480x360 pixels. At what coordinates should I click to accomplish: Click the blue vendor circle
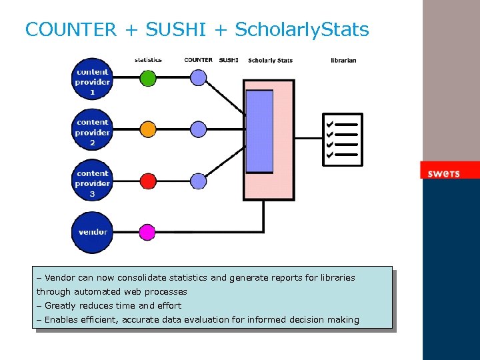click(93, 232)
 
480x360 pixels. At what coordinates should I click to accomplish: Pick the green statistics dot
click(147, 78)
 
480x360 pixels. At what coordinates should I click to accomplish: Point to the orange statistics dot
click(147, 129)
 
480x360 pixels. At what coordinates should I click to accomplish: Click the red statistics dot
click(147, 180)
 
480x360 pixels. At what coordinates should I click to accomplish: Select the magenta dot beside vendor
click(147, 232)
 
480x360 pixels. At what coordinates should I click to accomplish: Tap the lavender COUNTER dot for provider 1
click(199, 78)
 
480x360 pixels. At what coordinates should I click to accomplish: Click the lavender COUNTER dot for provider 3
click(199, 180)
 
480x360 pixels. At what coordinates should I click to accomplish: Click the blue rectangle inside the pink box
click(259, 131)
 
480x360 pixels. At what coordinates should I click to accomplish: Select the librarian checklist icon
click(343, 139)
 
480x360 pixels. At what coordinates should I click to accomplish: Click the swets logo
click(444, 173)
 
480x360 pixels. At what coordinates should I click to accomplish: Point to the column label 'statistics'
click(148, 60)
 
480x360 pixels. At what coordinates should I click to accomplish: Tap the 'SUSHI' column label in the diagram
click(229, 60)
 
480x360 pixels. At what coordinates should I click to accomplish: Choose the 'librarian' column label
click(343, 60)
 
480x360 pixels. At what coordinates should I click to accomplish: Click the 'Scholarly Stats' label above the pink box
click(270, 61)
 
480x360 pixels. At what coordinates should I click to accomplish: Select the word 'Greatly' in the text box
click(61, 306)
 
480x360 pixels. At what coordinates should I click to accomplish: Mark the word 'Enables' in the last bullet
click(62, 320)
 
